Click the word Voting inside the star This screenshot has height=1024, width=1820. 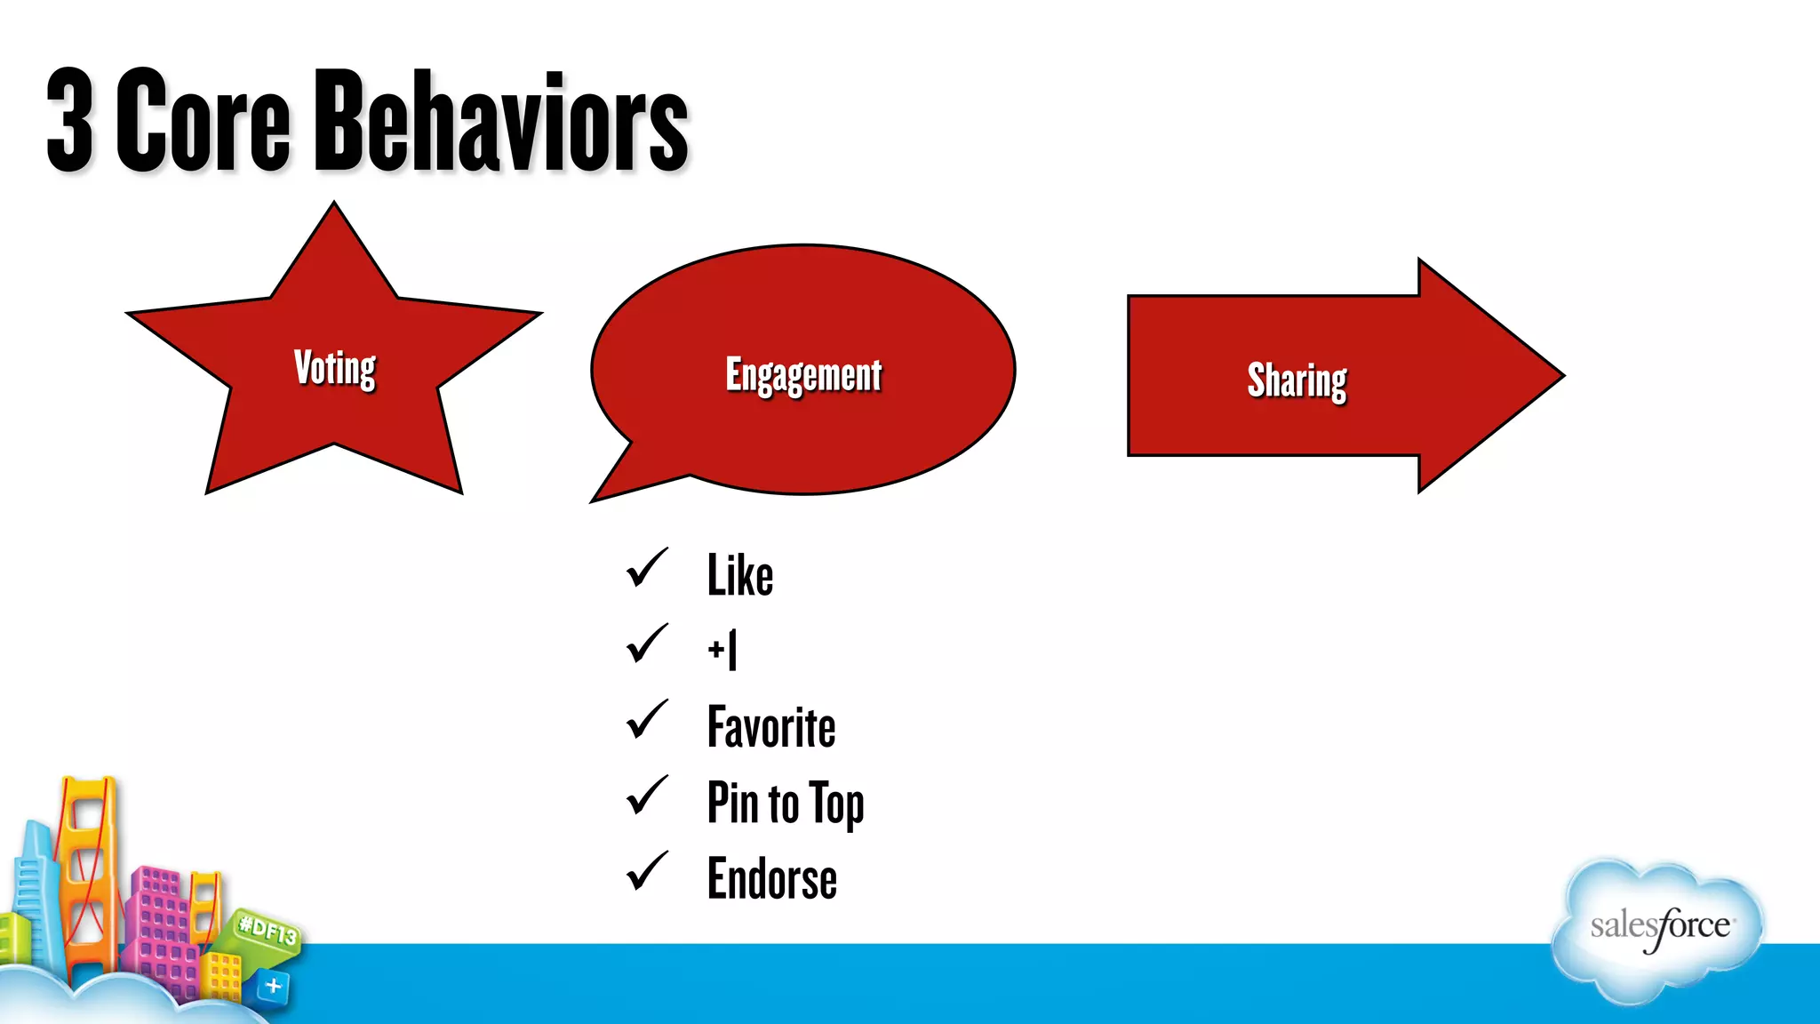[x=335, y=367]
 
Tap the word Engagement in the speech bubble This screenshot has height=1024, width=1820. [x=803, y=375]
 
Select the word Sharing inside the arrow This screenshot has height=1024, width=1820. [x=1297, y=380]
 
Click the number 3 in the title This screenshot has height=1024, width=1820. [x=69, y=121]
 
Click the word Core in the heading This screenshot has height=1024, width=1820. [x=203, y=121]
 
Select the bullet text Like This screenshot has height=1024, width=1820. [x=739, y=575]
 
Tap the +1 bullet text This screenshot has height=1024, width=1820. [x=722, y=650]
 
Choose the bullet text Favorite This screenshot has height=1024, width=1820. [x=770, y=727]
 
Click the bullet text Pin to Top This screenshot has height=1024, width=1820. [x=785, y=803]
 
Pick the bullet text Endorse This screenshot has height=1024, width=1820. [x=771, y=879]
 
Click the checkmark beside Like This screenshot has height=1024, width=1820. [x=647, y=568]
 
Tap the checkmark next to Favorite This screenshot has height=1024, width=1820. [x=647, y=720]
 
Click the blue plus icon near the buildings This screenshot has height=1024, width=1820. [x=273, y=986]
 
